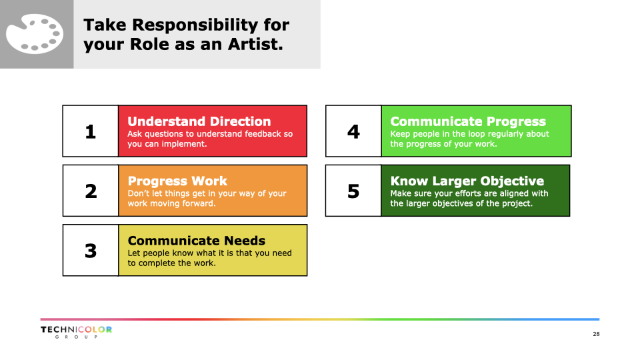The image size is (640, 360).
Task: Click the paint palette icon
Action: tap(35, 34)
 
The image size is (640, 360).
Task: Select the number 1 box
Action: tap(91, 131)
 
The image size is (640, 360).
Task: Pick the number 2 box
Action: tap(91, 191)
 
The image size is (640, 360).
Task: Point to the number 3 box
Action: tap(91, 250)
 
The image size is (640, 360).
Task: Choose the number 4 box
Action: tap(353, 131)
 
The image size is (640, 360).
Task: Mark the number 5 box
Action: tap(353, 191)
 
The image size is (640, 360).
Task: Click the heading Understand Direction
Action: tap(199, 121)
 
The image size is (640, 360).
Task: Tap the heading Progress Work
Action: tap(177, 181)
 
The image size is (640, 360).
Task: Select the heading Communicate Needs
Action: tap(196, 241)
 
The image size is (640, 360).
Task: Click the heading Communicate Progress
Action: tap(468, 121)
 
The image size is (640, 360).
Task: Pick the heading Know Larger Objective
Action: tap(467, 181)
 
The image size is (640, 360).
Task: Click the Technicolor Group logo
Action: tap(76, 332)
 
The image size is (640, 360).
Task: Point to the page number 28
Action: tap(596, 334)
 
